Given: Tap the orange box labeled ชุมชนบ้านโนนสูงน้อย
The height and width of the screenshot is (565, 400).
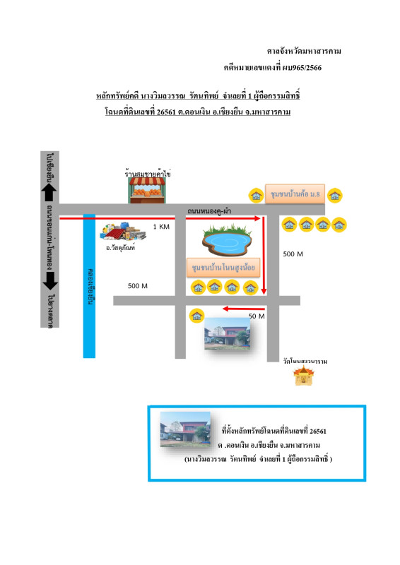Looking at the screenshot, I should coord(225,267).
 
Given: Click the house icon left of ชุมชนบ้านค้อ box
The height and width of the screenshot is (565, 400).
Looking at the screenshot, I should coord(254,194).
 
